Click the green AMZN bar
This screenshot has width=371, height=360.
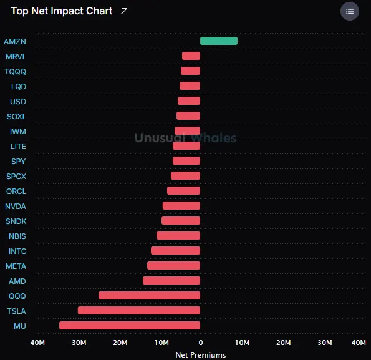click(219, 41)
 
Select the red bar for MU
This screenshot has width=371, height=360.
click(130, 326)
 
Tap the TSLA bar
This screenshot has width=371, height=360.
click(139, 311)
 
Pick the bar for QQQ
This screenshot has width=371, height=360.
click(149, 296)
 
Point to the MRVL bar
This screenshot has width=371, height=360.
click(191, 56)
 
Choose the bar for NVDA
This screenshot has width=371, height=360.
click(181, 206)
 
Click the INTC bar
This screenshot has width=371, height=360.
click(176, 251)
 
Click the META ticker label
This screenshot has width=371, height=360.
click(16, 266)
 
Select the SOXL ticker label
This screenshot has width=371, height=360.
click(17, 117)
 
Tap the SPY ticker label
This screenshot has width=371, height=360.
click(19, 162)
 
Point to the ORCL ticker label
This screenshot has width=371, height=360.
click(16, 192)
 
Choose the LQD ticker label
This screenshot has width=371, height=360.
click(19, 86)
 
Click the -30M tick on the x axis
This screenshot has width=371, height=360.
click(77, 343)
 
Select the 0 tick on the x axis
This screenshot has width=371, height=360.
click(201, 343)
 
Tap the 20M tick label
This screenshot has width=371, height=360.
click(284, 343)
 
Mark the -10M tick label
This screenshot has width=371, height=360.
click(160, 343)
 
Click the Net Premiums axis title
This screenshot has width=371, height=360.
click(201, 355)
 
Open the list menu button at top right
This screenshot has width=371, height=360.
click(350, 11)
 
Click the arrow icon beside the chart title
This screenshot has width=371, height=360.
click(124, 11)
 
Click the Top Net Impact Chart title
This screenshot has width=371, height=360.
click(62, 11)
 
